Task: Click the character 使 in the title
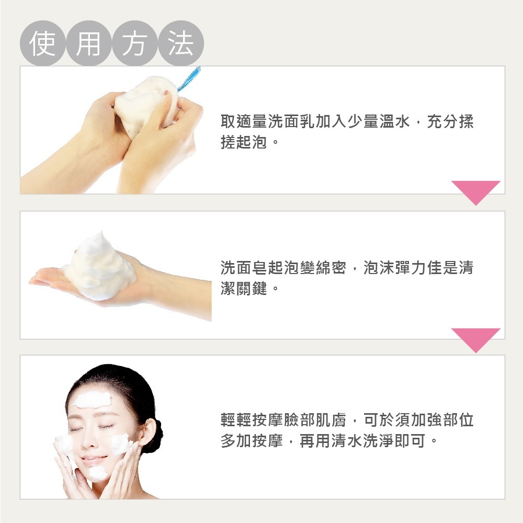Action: pyautogui.click(x=43, y=43)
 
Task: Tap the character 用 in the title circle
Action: pyautogui.click(x=88, y=43)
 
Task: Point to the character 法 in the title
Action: pyautogui.click(x=180, y=43)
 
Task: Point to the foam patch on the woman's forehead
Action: pyautogui.click(x=89, y=400)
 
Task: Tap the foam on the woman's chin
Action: pyautogui.click(x=97, y=473)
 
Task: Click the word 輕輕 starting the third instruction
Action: pyautogui.click(x=234, y=420)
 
